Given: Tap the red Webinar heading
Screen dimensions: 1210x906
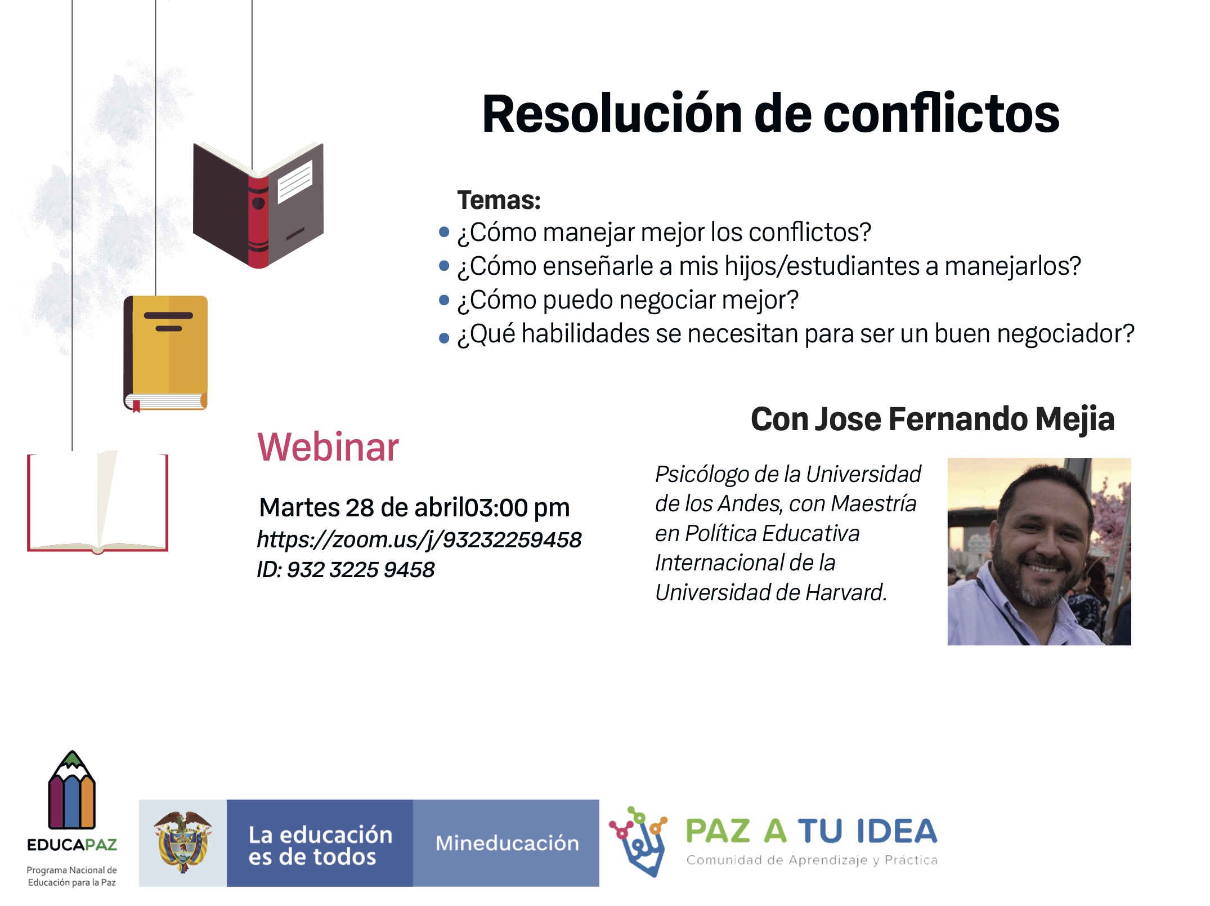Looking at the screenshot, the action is tap(328, 447).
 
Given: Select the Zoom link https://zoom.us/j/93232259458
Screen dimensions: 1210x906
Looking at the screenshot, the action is tap(419, 540).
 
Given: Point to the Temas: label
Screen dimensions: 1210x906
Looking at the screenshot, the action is tap(499, 200).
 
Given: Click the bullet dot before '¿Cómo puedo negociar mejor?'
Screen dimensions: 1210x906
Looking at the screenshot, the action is tap(444, 300).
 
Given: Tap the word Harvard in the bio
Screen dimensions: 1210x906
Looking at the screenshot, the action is tap(846, 592).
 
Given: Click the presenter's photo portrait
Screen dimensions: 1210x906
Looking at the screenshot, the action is tap(1039, 551).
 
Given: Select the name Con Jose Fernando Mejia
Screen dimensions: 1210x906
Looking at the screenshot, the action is tap(933, 419).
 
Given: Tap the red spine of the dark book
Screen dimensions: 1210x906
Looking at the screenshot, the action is tap(258, 222).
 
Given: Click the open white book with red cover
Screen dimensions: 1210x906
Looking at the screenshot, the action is tap(97, 502).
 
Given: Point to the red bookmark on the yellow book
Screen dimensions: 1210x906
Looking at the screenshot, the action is tap(136, 406).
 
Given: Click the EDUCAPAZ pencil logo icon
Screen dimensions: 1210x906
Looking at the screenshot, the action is tap(72, 790).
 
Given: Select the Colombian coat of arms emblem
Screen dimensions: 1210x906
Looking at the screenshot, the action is tap(182, 842).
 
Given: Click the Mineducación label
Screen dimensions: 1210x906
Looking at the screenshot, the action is tap(507, 843).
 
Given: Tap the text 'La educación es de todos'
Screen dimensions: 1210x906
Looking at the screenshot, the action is tap(320, 846).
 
